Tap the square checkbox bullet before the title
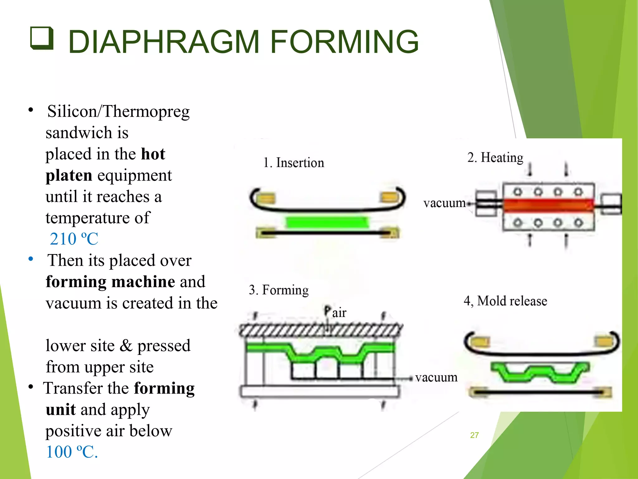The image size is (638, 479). pos(42,38)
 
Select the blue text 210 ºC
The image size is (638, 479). pos(74,239)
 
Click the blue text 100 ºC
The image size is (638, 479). pos(72,452)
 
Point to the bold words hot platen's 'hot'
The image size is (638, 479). pos(153,154)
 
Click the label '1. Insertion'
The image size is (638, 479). pos(293,163)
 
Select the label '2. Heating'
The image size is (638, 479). pos(495,157)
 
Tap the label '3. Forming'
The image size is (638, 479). pos(279,290)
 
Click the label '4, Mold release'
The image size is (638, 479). pos(505,301)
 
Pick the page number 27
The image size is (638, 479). pos(474,435)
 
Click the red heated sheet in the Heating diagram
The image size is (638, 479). pos(548,205)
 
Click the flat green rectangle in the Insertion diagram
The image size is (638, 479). pos(327,223)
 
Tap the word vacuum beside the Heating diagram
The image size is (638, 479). pos(444,203)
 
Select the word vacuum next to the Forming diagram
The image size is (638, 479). pos(436,378)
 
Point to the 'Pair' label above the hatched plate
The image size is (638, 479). pos(335,312)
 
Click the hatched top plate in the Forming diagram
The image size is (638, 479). pos(321,330)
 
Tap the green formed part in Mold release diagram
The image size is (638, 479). pos(540,372)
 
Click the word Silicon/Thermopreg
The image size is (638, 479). pos(118,111)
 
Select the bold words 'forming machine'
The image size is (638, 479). pos(110,282)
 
